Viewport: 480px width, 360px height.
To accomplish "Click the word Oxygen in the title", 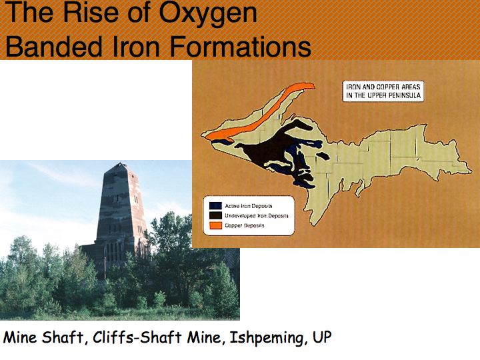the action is click(x=207, y=14).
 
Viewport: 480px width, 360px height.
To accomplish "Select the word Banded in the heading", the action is click(x=54, y=47).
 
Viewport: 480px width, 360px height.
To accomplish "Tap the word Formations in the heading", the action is click(x=240, y=47).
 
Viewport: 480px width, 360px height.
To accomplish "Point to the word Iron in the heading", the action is click(x=136, y=47).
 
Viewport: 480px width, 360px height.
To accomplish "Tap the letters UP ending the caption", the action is click(x=322, y=337).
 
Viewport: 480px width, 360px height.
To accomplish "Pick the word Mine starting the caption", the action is click(x=21, y=337).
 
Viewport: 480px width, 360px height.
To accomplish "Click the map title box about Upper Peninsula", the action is click(x=383, y=91).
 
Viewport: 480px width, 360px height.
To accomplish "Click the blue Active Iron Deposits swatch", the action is click(x=215, y=206).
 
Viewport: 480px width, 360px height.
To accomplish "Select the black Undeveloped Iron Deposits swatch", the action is click(x=215, y=215).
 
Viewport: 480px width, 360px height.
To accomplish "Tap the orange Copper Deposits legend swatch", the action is click(x=215, y=225).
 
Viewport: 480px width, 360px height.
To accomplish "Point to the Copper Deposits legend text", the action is click(x=244, y=225).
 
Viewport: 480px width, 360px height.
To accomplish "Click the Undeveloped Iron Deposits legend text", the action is click(x=257, y=216).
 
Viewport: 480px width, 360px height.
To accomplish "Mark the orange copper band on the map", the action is click(x=260, y=112).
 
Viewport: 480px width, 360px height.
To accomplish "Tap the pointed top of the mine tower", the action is click(x=121, y=163).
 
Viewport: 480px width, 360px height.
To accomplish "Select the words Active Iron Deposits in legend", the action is click(x=249, y=206).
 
